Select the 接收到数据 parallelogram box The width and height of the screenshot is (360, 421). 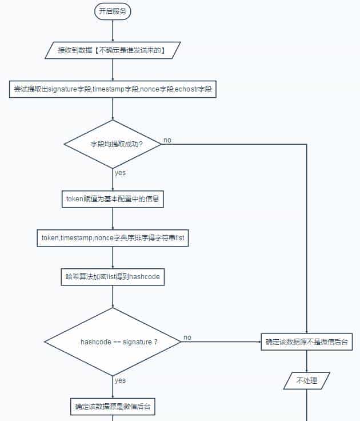click(113, 50)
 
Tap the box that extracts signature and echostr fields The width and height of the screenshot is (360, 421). click(113, 89)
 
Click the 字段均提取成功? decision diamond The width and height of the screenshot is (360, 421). click(113, 144)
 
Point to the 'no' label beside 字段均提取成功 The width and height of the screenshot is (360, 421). click(167, 140)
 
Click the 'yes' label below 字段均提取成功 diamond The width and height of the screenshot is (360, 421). click(120, 173)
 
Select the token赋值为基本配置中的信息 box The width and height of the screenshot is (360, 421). click(113, 199)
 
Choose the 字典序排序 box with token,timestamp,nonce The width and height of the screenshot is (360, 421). click(113, 237)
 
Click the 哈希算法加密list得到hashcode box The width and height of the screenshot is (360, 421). click(113, 277)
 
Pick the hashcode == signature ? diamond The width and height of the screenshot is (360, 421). click(113, 341)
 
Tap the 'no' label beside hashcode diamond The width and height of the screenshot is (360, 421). click(187, 337)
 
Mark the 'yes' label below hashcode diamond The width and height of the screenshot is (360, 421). click(120, 380)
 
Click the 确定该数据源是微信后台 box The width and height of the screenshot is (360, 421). click(113, 407)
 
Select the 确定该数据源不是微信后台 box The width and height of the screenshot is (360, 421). click(307, 342)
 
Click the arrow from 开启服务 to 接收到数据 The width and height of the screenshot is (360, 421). click(113, 31)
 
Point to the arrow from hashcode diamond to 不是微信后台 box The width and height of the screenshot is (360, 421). click(223, 342)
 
